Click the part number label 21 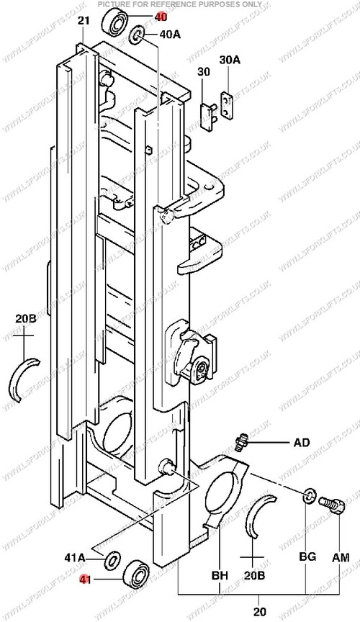tap(84, 21)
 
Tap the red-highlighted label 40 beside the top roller tap(161, 17)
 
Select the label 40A tap(170, 35)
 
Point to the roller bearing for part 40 tap(115, 22)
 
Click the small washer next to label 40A tap(137, 35)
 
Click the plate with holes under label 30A tap(227, 105)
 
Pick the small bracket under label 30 tap(209, 115)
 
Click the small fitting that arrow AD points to tap(241, 441)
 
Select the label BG tap(307, 556)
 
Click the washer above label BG tap(309, 496)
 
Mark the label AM tap(341, 557)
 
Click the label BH tap(220, 574)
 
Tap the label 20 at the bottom tap(260, 611)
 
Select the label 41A tap(75, 558)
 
